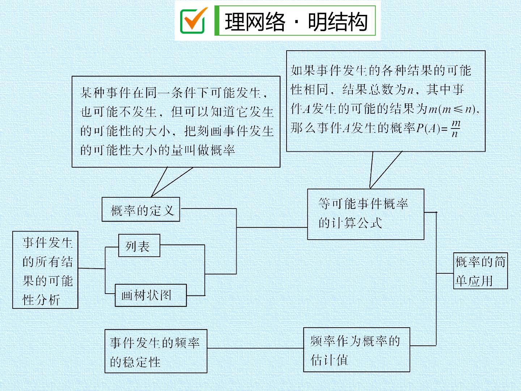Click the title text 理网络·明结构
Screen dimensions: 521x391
(x=296, y=22)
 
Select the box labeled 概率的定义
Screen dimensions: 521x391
(x=141, y=209)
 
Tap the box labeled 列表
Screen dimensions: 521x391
(x=139, y=245)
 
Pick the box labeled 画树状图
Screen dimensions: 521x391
(x=151, y=295)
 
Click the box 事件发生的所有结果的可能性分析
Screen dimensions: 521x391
(x=45, y=270)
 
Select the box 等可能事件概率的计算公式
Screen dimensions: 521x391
(x=365, y=214)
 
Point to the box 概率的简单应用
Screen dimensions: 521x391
(x=480, y=271)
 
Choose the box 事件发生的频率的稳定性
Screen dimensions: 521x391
(x=156, y=351)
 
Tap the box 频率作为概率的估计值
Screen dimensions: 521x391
(x=356, y=350)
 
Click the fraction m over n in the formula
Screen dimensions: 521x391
(x=456, y=129)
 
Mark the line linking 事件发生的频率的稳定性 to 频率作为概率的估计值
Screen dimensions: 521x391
(x=255, y=348)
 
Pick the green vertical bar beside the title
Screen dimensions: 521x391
(x=216, y=21)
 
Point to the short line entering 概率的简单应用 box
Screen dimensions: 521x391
(x=445, y=273)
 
